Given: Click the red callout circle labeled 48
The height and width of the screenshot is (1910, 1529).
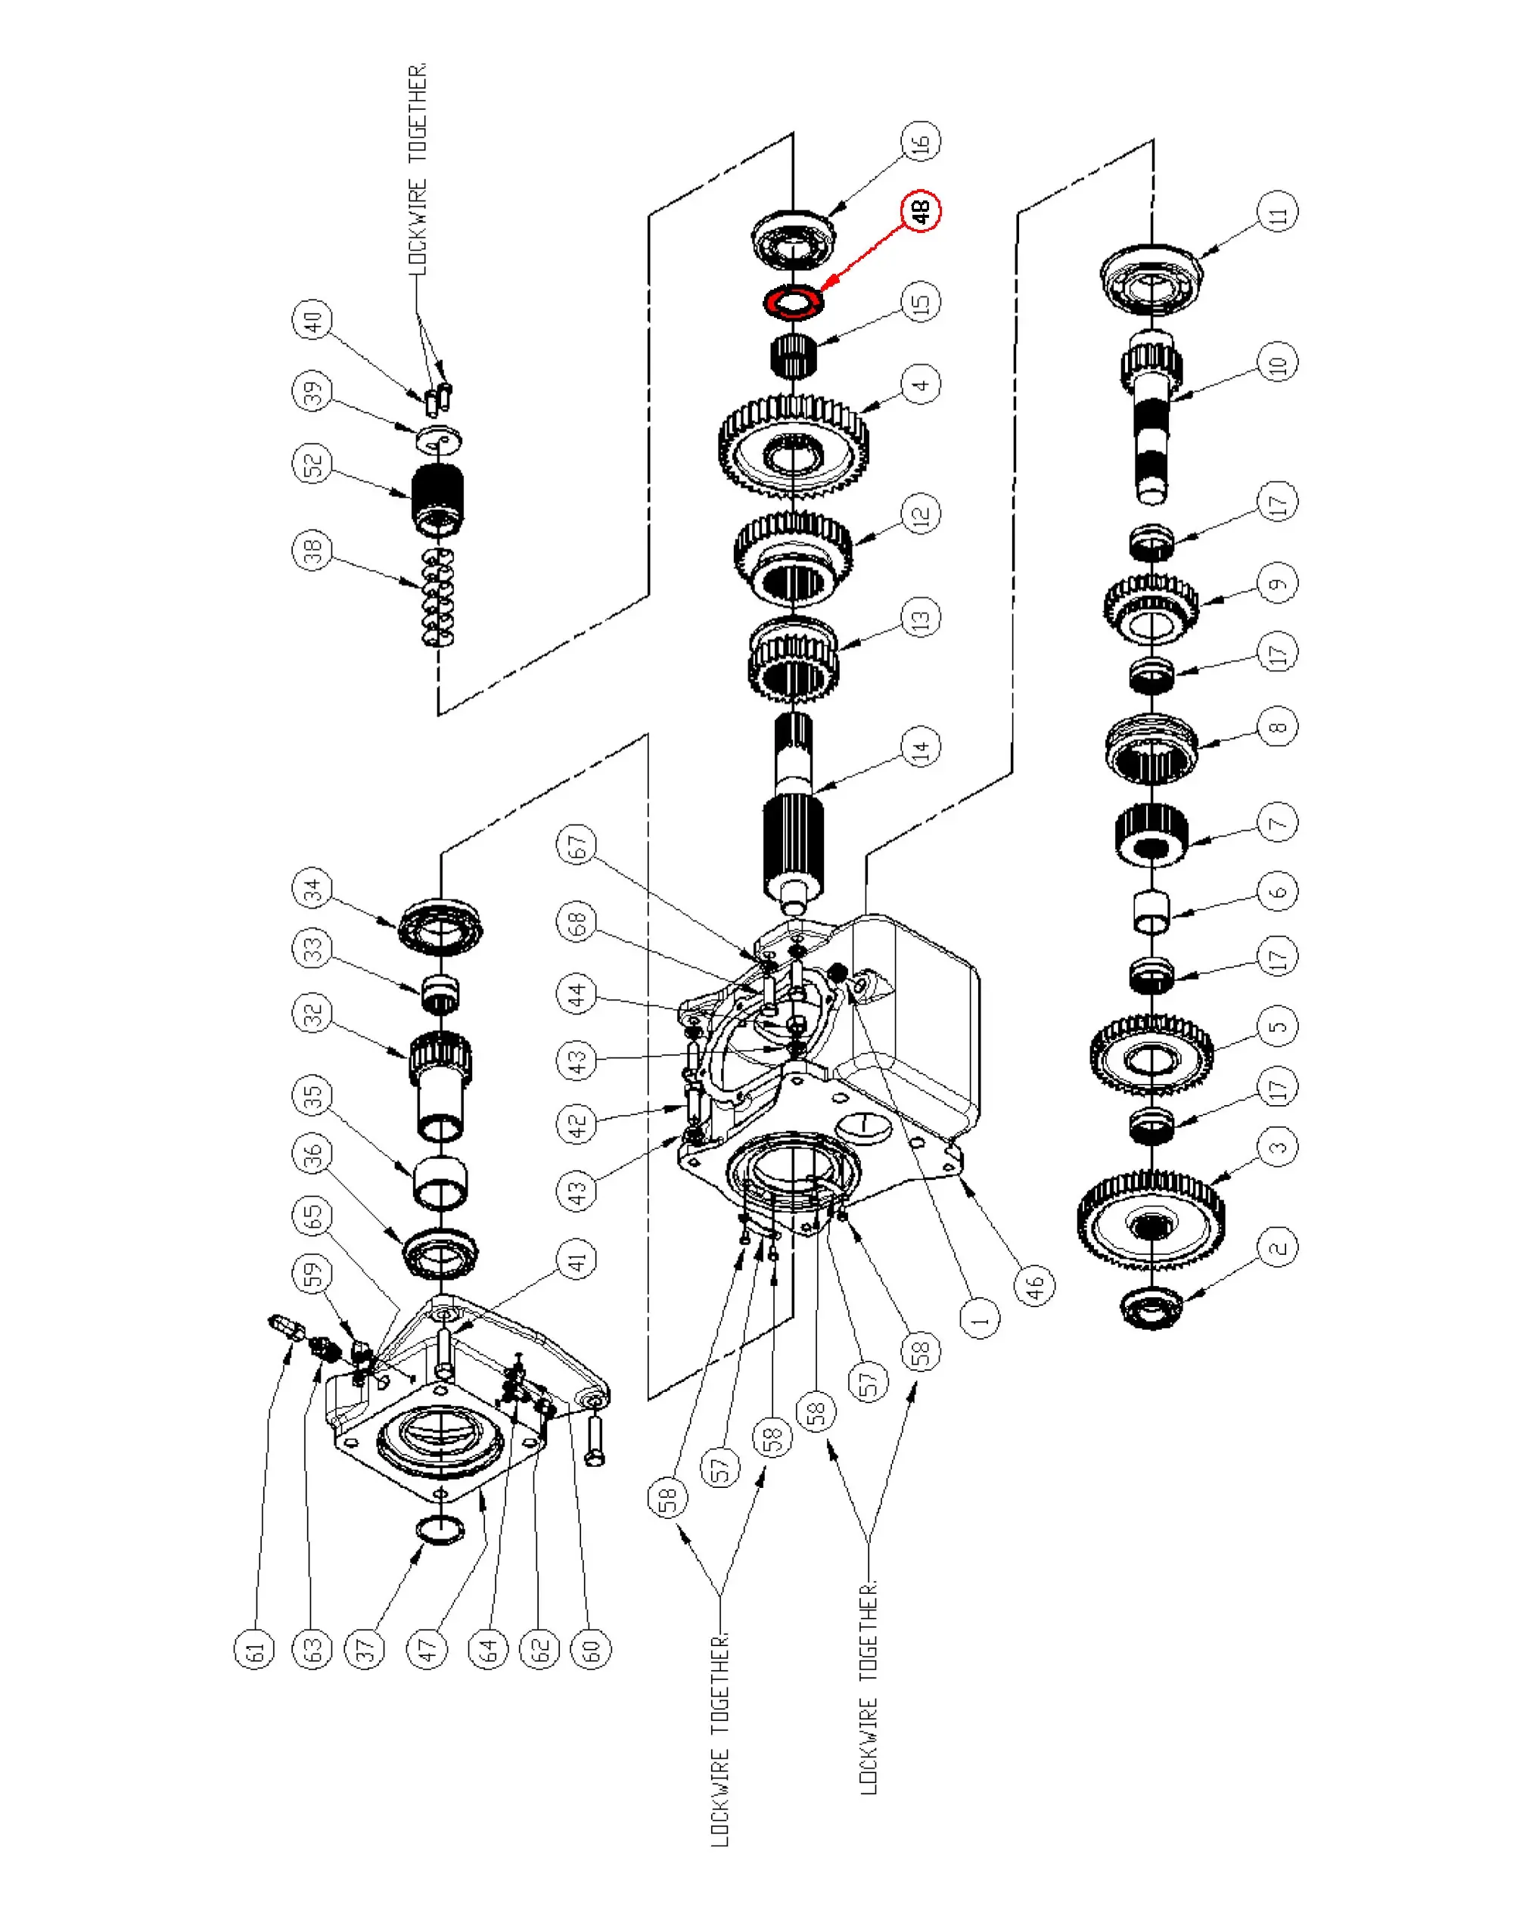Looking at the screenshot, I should (x=921, y=211).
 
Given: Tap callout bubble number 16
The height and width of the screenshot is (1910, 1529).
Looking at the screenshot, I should (x=921, y=141).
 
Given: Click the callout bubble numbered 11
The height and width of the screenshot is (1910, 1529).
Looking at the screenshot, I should (x=1277, y=213).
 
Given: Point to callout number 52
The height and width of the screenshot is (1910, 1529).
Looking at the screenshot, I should (x=312, y=464).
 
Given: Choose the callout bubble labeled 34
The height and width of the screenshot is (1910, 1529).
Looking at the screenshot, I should (x=312, y=889).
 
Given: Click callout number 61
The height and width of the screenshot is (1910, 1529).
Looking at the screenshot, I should (x=255, y=1651).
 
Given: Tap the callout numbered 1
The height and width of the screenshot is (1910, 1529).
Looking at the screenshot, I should (x=980, y=1319).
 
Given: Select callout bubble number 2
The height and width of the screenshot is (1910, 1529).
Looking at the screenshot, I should (x=1277, y=1247).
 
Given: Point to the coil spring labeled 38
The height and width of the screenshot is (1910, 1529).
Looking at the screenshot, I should (x=437, y=596).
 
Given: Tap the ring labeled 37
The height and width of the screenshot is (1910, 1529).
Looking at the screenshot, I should (x=440, y=1529).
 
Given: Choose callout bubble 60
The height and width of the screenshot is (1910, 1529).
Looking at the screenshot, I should (x=591, y=1651).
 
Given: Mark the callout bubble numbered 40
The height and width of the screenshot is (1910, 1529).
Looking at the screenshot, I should (x=312, y=320).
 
